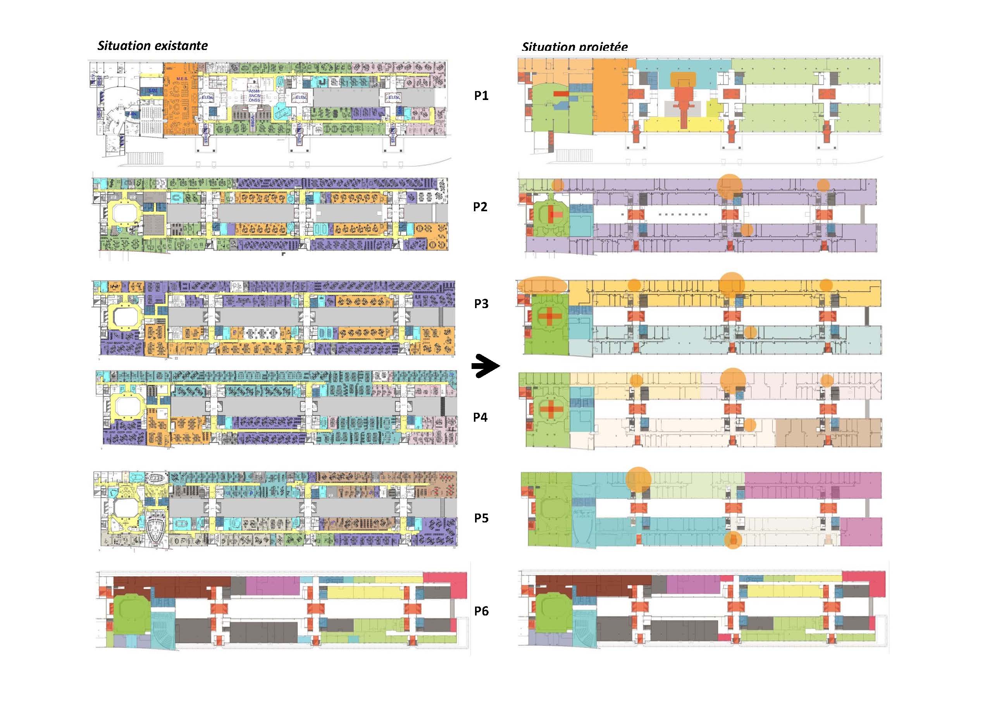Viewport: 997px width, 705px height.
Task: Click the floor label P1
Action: (481, 96)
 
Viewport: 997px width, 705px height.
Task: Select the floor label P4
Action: (480, 417)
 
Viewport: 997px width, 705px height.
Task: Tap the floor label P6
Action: (481, 611)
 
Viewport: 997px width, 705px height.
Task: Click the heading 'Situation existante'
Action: (152, 46)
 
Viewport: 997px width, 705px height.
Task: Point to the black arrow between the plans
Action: (485, 367)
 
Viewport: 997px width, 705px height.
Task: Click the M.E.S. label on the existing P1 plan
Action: (182, 79)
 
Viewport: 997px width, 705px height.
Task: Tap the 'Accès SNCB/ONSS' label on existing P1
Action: (254, 96)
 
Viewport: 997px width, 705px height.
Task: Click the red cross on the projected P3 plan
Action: (550, 316)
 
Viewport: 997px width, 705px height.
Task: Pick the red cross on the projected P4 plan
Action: (550, 409)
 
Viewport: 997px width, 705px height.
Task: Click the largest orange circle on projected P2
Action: (730, 187)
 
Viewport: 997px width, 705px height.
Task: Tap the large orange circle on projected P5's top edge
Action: (638, 479)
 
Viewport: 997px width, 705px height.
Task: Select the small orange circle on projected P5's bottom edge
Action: (733, 540)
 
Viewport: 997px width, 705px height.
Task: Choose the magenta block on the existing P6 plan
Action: (272, 586)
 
